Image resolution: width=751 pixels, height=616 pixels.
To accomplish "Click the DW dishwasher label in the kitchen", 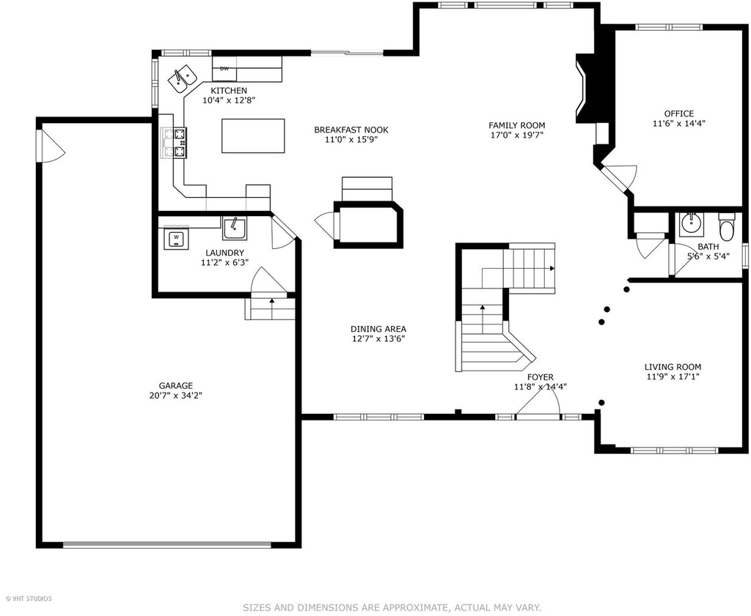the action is click(224, 68).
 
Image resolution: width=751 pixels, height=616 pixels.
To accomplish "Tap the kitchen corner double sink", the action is click(183, 79).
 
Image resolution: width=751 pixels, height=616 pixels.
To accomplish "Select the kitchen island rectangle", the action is click(253, 136).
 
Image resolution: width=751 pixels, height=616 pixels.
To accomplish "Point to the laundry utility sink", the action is click(235, 228).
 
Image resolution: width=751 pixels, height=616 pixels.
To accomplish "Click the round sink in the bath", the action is click(691, 222).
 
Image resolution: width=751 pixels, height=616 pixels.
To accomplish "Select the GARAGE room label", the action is click(176, 385).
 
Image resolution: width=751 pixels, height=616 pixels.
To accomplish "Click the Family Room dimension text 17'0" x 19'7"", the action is click(517, 136).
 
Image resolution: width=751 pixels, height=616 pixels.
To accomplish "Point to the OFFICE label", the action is click(678, 114).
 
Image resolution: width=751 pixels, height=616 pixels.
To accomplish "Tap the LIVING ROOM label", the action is click(673, 367).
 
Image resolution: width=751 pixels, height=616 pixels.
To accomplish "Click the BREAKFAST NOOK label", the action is click(351, 130).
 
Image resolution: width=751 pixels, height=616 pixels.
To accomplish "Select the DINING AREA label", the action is click(378, 329).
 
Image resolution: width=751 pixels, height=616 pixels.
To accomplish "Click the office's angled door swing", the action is click(622, 176).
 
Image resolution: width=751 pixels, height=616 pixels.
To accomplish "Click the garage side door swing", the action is click(51, 146).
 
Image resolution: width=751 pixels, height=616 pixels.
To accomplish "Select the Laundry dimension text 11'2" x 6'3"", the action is click(224, 262).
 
